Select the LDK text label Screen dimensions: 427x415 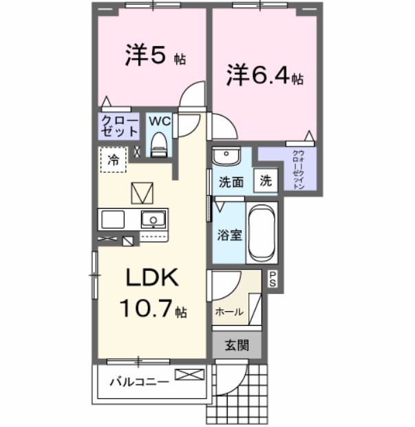click(151, 278)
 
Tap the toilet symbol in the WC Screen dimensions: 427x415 click(159, 144)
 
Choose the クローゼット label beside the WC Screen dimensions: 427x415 click(118, 126)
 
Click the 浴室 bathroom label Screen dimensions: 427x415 click(231, 235)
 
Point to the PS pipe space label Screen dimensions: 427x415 click(273, 279)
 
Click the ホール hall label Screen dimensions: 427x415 click(229, 311)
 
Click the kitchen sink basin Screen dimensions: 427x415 click(153, 220)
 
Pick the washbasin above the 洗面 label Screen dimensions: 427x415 click(224, 156)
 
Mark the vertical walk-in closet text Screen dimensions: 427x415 click(299, 169)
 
